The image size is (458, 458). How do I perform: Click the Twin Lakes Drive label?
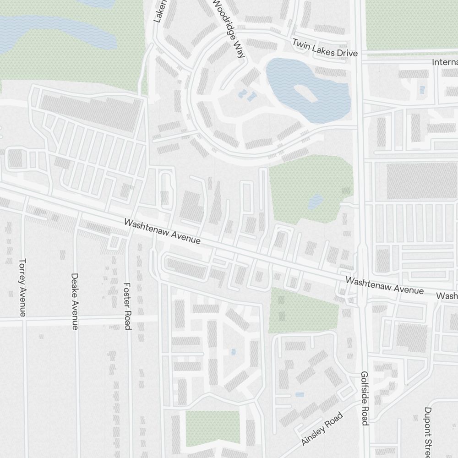pyautogui.click(x=325, y=48)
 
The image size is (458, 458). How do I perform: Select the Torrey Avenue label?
pyautogui.click(x=22, y=288)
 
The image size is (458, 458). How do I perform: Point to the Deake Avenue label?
pyautogui.click(x=75, y=301)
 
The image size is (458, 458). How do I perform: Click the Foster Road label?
pyautogui.click(x=128, y=305)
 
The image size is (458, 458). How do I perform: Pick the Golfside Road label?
pyautogui.click(x=365, y=398)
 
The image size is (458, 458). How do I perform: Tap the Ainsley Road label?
pyautogui.click(x=322, y=429)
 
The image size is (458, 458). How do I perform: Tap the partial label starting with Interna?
pyautogui.click(x=445, y=62)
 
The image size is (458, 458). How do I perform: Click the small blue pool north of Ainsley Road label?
pyautogui.click(x=300, y=394)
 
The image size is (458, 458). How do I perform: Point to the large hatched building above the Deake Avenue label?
pyautogui.click(x=89, y=112)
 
